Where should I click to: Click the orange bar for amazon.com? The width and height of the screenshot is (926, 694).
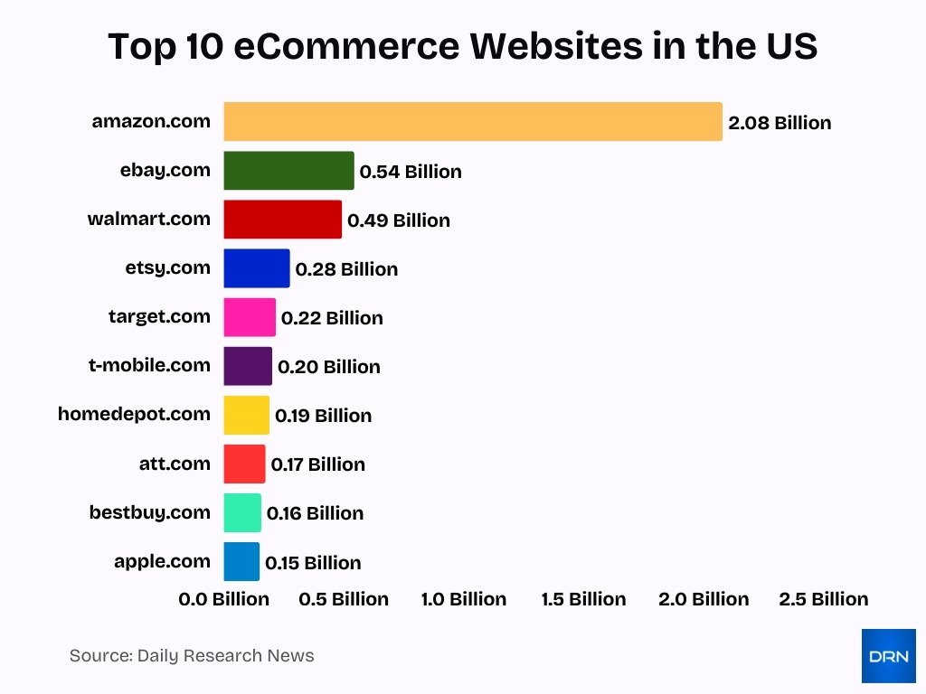(x=473, y=122)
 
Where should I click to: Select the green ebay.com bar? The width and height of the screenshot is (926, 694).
(x=288, y=171)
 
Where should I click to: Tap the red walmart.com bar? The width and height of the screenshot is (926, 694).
(x=282, y=220)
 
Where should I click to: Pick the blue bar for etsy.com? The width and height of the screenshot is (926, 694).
(x=257, y=268)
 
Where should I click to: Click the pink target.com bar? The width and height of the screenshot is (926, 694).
(x=250, y=317)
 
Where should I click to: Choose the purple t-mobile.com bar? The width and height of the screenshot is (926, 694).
(x=248, y=366)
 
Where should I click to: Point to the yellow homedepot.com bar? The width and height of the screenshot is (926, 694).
(x=246, y=415)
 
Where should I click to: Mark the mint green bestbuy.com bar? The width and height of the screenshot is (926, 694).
(x=242, y=512)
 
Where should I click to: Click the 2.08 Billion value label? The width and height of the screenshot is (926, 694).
(x=780, y=123)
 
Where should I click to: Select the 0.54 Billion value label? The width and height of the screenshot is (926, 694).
(x=411, y=172)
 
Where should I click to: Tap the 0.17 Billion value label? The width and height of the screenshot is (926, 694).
(x=317, y=464)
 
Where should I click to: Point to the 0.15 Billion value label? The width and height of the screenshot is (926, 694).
(x=313, y=563)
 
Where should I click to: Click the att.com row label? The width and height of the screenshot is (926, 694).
(x=175, y=464)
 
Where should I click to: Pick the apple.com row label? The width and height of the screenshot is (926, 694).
(x=162, y=561)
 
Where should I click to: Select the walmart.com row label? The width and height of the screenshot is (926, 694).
(x=148, y=219)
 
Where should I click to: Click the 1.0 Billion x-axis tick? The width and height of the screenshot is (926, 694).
(x=464, y=599)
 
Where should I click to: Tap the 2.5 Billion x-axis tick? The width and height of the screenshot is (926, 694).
(x=823, y=599)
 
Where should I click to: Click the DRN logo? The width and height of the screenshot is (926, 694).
(x=888, y=655)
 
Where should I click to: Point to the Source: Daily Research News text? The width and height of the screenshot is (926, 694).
(x=192, y=656)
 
